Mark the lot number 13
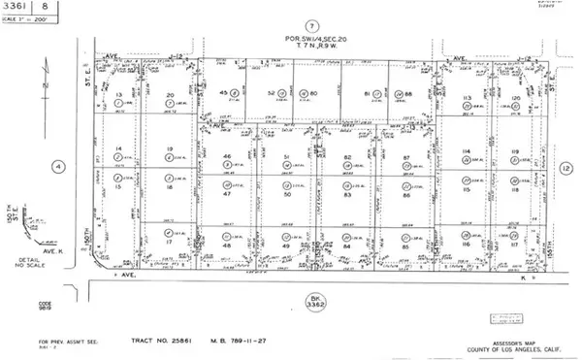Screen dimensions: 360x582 (119, 96)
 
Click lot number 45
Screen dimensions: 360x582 (224, 92)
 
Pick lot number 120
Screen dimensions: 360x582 (517, 100)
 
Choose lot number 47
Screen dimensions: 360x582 (226, 194)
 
